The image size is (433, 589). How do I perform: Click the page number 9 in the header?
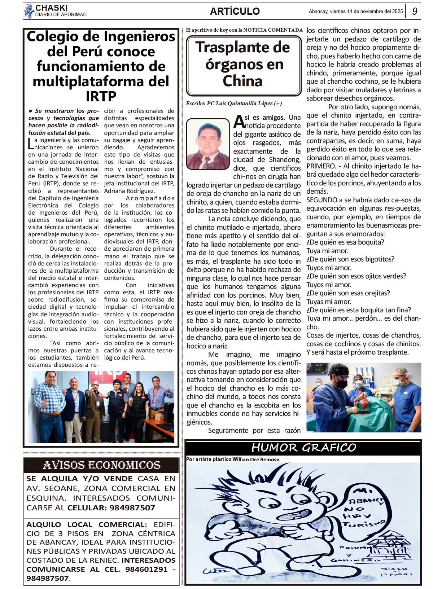pyautogui.click(x=415, y=11)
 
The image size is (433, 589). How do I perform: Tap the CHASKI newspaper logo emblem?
pyautogui.click(x=29, y=11)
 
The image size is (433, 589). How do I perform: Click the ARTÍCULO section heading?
pyautogui.click(x=235, y=11)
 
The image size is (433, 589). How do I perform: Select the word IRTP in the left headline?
pyautogui.click(x=101, y=96)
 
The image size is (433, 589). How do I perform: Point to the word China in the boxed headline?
pyautogui.click(x=242, y=81)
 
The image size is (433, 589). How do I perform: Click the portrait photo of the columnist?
pyautogui.click(x=208, y=144)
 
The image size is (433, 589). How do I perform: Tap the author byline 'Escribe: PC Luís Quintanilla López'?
pyautogui.click(x=234, y=104)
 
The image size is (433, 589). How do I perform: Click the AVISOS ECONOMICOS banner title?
pyautogui.click(x=101, y=465)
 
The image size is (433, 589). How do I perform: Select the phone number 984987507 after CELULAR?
pyautogui.click(x=132, y=508)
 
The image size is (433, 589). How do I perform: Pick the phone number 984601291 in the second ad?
pyautogui.click(x=146, y=569)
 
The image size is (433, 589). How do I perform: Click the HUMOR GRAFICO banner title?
pyautogui.click(x=303, y=448)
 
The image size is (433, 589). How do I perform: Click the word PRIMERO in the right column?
pyautogui.click(x=321, y=166)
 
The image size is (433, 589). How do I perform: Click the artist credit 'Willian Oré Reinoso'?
pyautogui.click(x=256, y=460)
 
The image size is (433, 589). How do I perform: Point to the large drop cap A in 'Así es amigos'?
pyautogui.click(x=239, y=122)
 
